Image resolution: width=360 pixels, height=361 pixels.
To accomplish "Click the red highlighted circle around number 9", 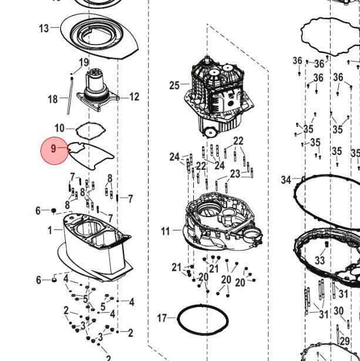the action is pos(55,151).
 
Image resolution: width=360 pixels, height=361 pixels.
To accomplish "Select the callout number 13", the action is pos(44,29).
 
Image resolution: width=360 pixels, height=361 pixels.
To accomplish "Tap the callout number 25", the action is pos(174,86).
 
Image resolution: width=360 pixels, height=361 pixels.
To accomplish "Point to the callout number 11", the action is pos(166,231).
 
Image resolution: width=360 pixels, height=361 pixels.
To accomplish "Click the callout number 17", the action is pos(162,318).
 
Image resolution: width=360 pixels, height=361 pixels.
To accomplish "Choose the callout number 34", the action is pos(286,180).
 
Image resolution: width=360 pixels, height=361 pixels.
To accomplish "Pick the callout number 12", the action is pos(134,97).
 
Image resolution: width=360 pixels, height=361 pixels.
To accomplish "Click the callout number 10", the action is pos(59,128).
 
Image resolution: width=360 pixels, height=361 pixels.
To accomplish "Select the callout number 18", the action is pos(52,99).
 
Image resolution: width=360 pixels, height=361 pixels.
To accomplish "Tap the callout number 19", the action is pos(83,62).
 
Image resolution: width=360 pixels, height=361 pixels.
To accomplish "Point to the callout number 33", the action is pos(319,260).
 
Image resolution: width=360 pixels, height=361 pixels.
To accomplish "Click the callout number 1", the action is pos(50,231).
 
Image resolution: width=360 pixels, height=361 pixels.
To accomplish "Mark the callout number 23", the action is pos(235,174).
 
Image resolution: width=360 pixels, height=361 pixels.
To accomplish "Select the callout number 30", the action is pos(339,311).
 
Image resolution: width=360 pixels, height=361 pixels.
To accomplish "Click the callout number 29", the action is pos(345,341).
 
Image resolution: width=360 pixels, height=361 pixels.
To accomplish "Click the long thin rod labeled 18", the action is pos(70,96).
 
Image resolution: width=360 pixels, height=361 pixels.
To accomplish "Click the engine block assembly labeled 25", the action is pos(218,97).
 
